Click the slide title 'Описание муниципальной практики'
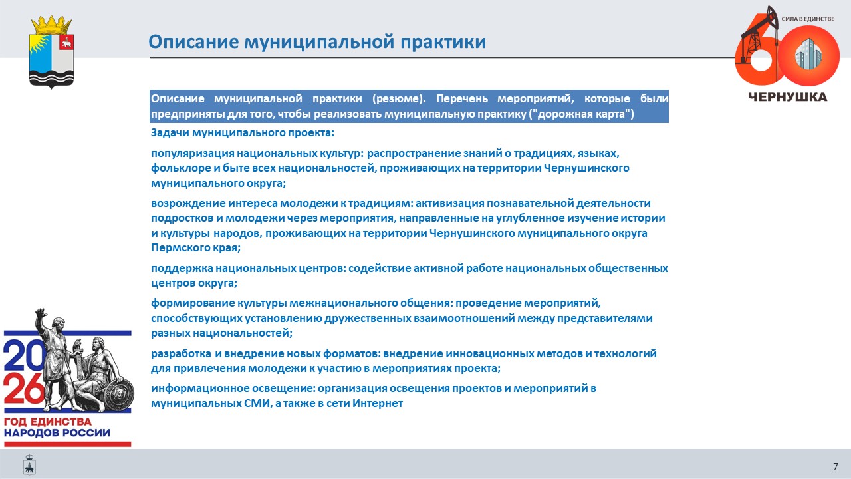pos(317,42)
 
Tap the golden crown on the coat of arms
pos(51,25)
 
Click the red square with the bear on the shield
pos(66,43)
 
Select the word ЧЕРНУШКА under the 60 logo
pos(788,97)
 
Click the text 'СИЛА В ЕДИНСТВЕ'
pos(808,19)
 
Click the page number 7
pos(836,466)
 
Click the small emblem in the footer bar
pos(29,464)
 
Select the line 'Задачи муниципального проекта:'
pos(243,132)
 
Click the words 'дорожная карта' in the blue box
pos(581,114)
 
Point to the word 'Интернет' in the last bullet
pos(377,403)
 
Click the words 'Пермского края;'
pos(195,248)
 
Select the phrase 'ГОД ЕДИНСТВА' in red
pos(48,422)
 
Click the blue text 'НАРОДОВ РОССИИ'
pos(57,433)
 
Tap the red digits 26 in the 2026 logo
pos(23,389)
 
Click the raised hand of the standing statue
pos(40,313)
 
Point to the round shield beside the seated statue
pos(119,393)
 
